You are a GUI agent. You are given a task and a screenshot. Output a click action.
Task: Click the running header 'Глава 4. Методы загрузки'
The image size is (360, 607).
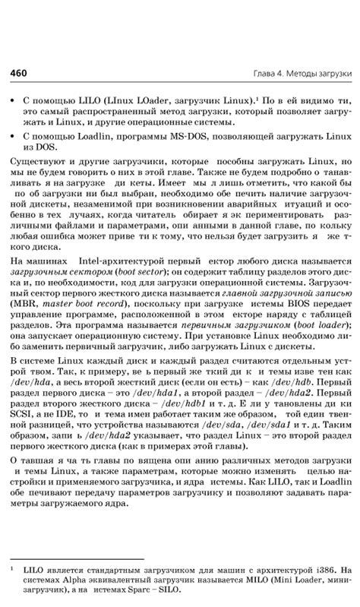303,74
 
